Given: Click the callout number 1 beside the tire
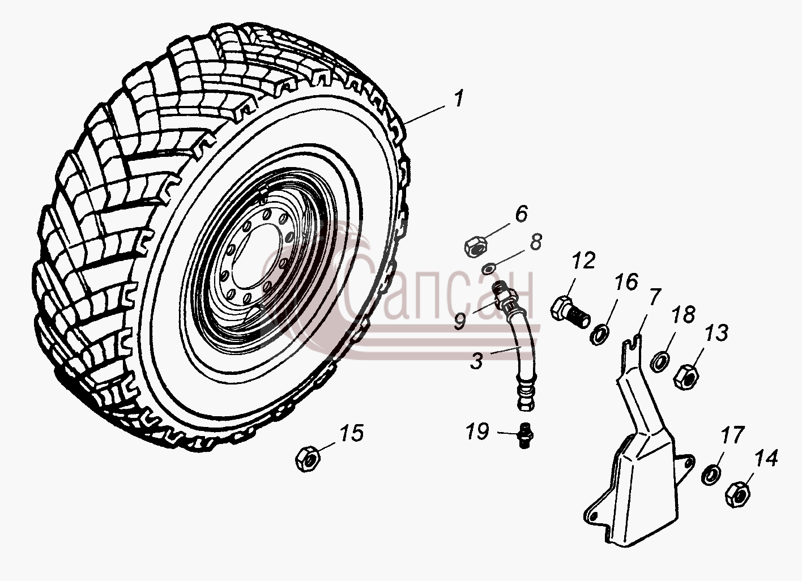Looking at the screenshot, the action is click(458, 100).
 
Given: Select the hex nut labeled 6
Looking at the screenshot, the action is click(475, 247).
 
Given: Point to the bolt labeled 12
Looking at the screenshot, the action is click(570, 314).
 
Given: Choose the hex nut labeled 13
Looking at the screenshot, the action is click(686, 376).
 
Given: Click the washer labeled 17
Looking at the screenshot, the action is click(711, 475).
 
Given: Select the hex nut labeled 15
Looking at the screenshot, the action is click(308, 459).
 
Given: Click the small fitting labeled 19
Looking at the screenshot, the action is click(526, 435).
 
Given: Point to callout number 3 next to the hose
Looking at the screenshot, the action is click(476, 361).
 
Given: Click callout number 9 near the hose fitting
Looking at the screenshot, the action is click(460, 321).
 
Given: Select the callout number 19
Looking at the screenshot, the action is click(477, 432).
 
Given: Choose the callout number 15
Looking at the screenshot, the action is click(352, 433).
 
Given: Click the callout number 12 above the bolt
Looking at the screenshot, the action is click(583, 260).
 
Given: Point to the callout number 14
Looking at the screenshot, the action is click(766, 459).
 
